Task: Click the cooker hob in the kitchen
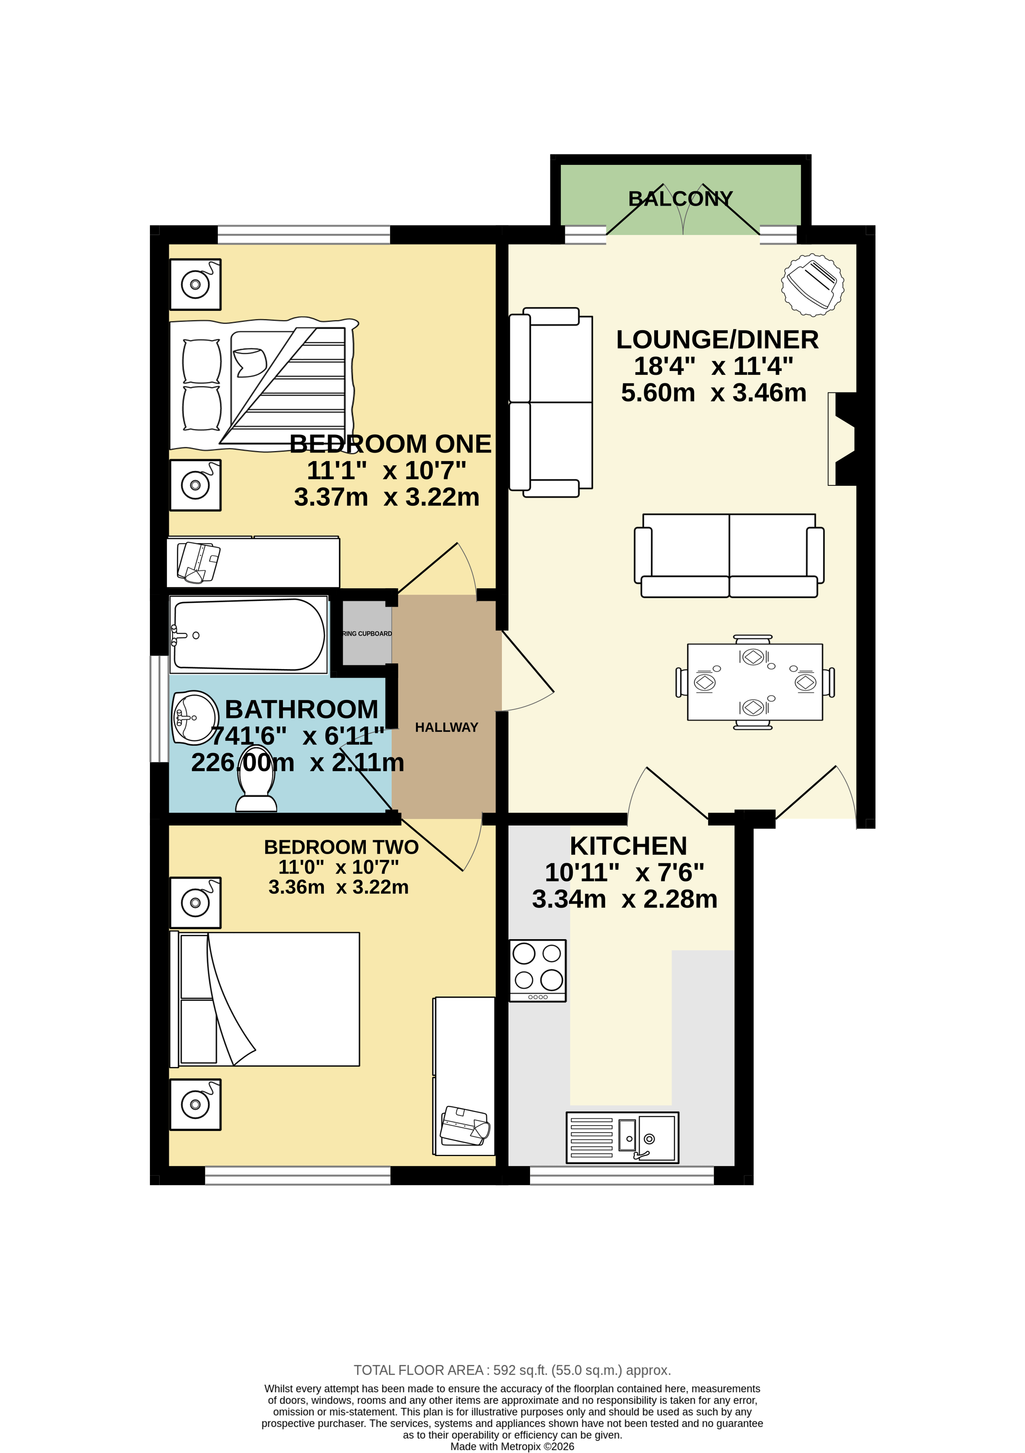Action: click(x=538, y=970)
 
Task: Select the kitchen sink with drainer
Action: click(x=622, y=1137)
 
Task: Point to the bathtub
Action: click(x=248, y=634)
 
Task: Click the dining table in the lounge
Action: click(x=755, y=682)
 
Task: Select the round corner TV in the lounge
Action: click(x=812, y=285)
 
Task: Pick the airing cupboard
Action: click(x=367, y=633)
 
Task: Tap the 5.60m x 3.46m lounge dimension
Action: click(x=714, y=393)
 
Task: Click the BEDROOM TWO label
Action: click(x=341, y=847)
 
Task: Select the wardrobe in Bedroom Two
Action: click(x=464, y=1076)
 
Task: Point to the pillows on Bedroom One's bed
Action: click(x=201, y=384)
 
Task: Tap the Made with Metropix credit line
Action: click(x=512, y=1446)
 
